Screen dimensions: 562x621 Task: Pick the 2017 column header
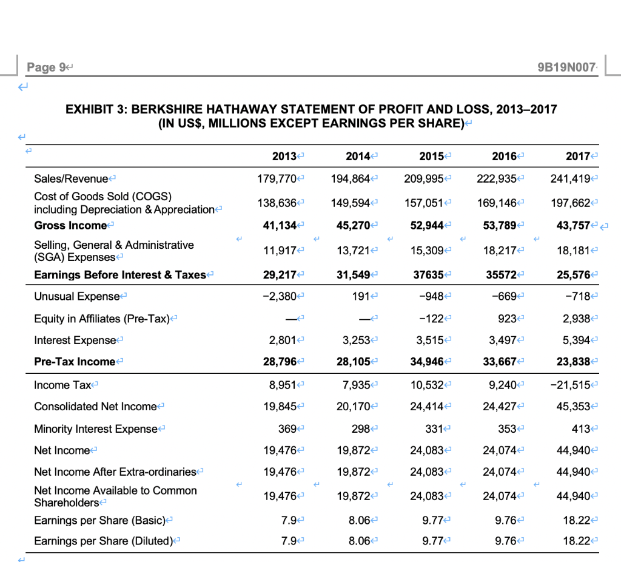click(579, 156)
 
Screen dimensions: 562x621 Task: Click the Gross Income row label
click(70, 225)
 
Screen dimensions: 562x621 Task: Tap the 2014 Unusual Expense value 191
click(361, 296)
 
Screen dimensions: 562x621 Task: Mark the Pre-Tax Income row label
click(75, 362)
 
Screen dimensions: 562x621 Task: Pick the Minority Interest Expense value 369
click(285, 428)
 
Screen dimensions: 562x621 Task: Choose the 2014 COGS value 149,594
click(351, 202)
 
